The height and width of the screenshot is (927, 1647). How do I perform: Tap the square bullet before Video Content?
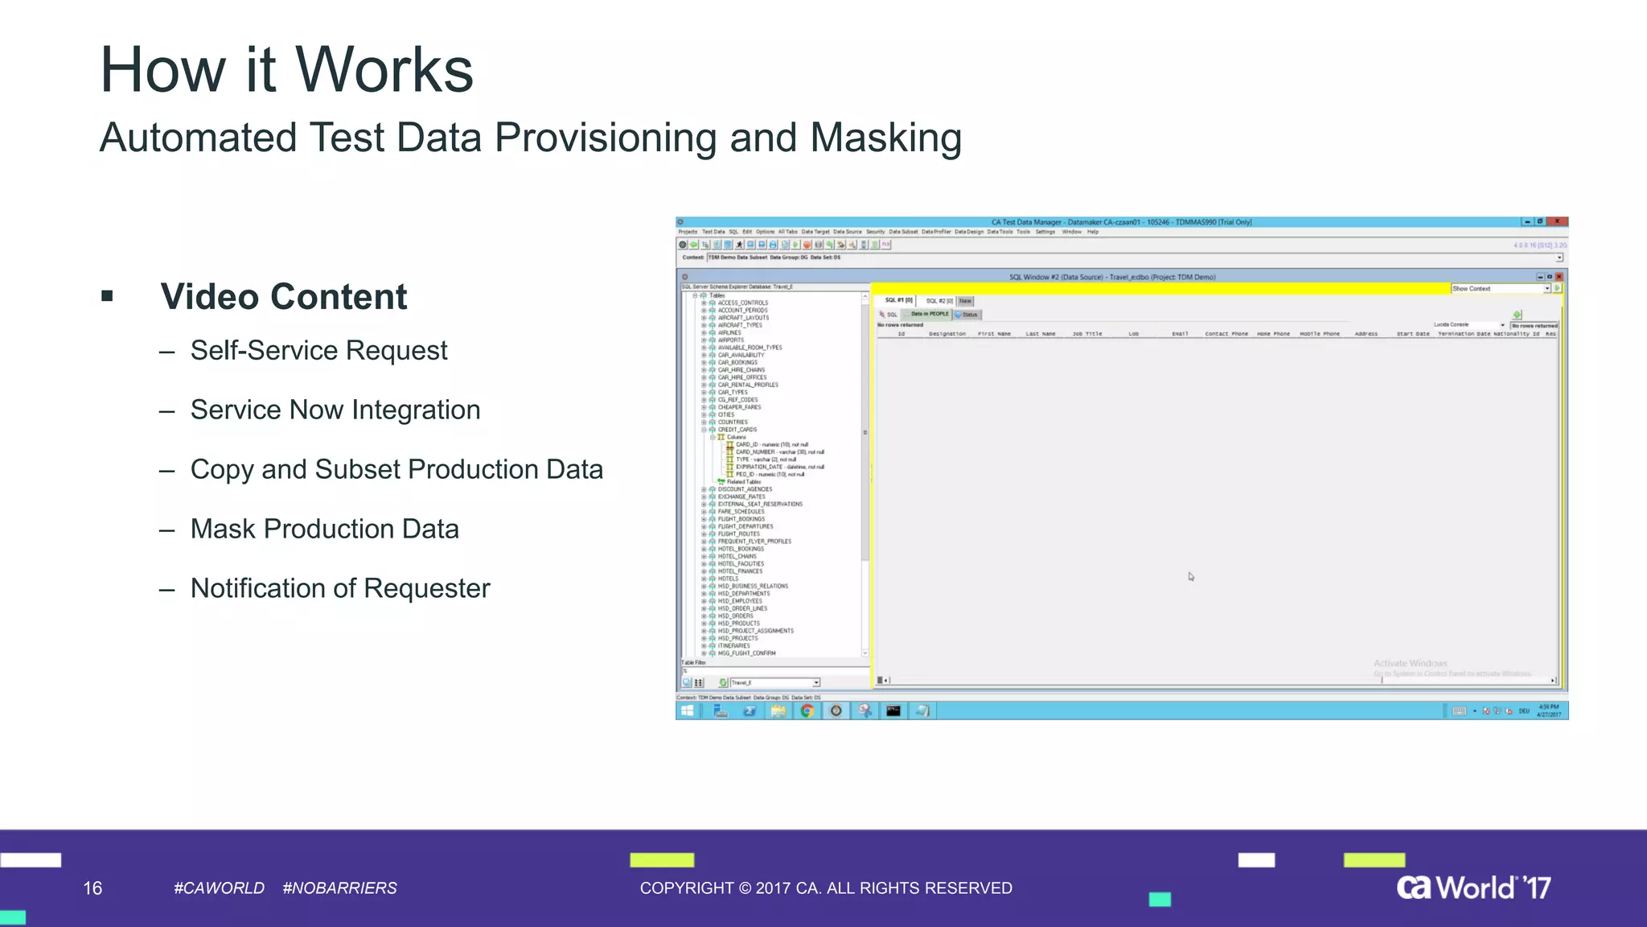click(107, 296)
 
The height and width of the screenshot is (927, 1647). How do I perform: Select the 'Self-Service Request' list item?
click(318, 351)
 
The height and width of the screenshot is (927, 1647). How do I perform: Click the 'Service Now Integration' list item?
click(335, 410)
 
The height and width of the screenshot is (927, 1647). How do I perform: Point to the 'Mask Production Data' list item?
click(324, 529)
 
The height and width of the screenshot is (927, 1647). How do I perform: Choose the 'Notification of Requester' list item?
click(339, 589)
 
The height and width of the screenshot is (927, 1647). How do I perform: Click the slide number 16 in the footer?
click(92, 888)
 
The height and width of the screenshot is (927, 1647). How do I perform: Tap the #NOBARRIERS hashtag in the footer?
click(339, 888)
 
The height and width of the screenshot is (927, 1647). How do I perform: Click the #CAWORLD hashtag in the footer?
click(219, 888)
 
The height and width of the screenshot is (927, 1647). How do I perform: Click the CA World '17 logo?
click(1473, 888)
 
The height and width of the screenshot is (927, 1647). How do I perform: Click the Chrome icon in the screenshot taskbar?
click(807, 711)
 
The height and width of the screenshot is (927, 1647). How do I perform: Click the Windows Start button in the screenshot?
click(688, 711)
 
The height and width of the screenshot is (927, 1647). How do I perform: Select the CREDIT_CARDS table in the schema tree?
click(737, 430)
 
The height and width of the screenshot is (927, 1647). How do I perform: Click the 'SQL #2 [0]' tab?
click(939, 301)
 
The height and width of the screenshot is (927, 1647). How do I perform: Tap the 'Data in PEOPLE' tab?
click(930, 315)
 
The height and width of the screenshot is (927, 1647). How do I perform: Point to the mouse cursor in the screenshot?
click(1190, 576)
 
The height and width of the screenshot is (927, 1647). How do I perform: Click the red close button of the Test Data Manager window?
click(1558, 221)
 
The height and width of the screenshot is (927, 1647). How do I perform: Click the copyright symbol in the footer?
click(745, 888)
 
